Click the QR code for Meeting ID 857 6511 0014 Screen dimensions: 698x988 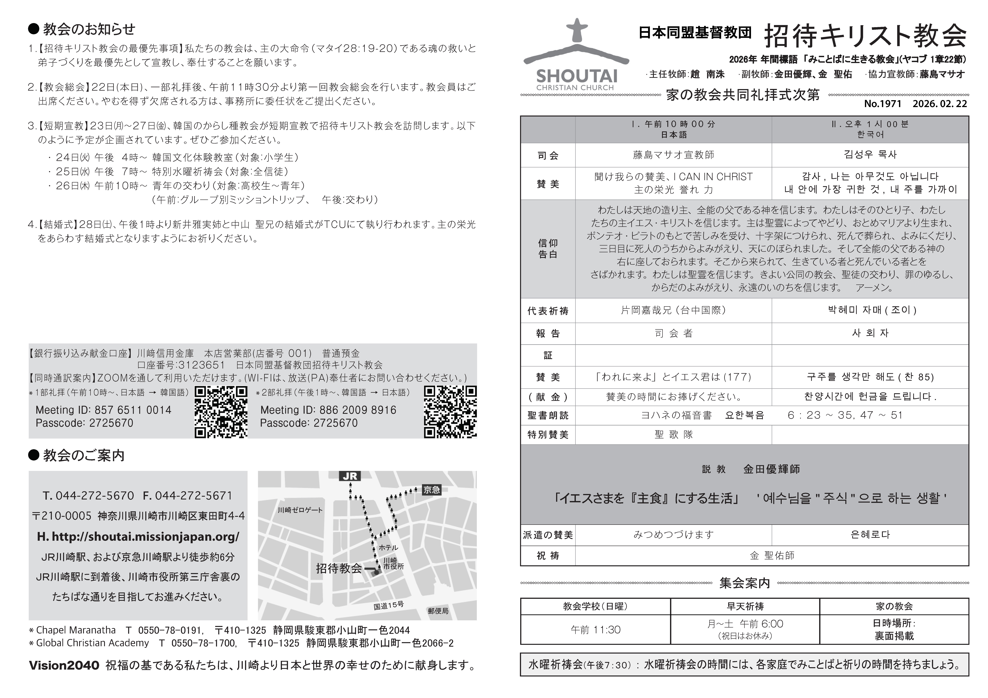coord(221,412)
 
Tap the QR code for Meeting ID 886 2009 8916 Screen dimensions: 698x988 coord(450,412)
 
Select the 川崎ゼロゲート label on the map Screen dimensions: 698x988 coord(300,510)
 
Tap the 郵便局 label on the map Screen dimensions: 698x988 coord(438,611)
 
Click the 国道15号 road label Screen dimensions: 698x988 coord(389,606)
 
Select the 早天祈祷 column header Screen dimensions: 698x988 coord(745,606)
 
